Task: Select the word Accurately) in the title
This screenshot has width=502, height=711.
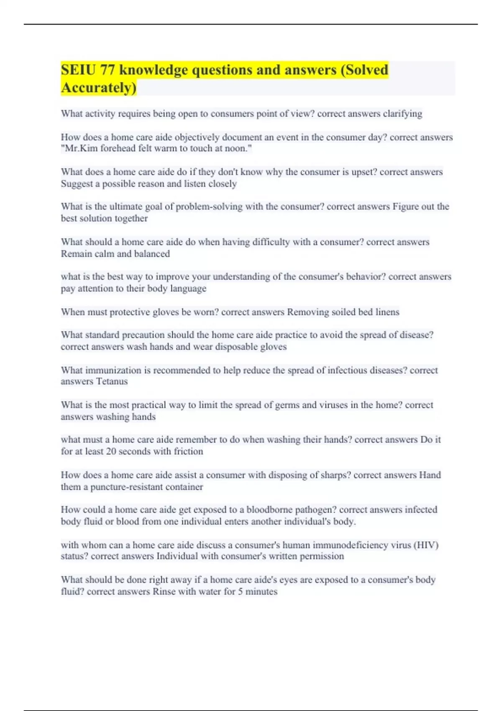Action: coord(99,88)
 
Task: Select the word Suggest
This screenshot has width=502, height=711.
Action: coord(76,184)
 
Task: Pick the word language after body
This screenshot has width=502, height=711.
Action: coord(188,289)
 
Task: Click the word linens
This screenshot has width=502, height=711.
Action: coord(387,312)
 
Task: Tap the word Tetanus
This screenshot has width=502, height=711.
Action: coord(112,381)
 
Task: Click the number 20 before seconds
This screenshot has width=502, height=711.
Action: coord(111,451)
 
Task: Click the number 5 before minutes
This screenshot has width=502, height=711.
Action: coord(241,591)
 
